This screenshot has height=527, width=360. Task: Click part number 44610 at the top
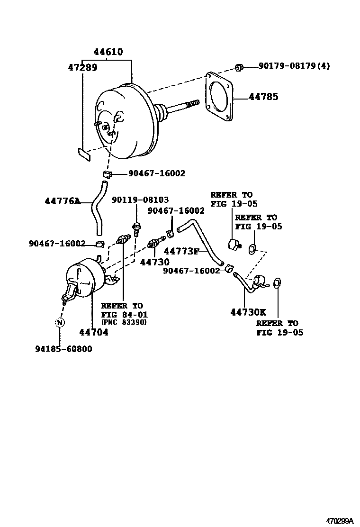(108, 52)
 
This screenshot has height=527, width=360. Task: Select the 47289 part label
(82, 68)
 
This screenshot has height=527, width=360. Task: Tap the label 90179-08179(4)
(294, 66)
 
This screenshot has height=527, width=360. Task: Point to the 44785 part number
(263, 97)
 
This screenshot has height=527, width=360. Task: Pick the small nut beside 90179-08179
(239, 67)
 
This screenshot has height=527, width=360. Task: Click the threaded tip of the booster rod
(193, 103)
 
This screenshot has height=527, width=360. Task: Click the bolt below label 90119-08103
(137, 230)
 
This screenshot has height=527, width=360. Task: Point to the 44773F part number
(181, 251)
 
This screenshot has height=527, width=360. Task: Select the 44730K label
(248, 312)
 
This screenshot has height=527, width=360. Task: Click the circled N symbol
(60, 323)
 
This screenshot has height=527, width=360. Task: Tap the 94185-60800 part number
(63, 349)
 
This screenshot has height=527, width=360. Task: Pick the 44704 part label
(94, 332)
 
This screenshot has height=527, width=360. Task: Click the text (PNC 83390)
(124, 322)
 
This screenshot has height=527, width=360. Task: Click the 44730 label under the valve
(155, 262)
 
